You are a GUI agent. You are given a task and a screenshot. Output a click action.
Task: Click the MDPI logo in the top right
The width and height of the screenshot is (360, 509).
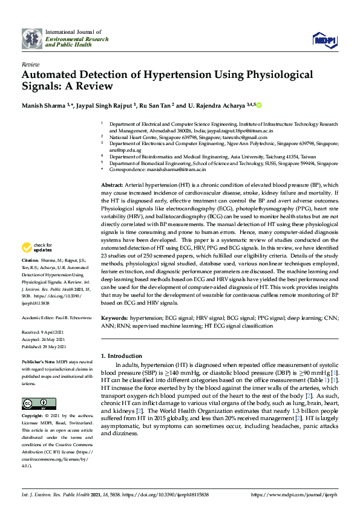(324, 40)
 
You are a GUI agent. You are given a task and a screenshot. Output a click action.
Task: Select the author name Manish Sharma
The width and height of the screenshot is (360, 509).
(44, 105)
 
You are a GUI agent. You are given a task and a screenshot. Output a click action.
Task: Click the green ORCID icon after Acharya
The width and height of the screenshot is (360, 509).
(260, 105)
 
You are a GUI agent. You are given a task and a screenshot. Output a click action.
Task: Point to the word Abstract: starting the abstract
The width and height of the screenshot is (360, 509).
(113, 184)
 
